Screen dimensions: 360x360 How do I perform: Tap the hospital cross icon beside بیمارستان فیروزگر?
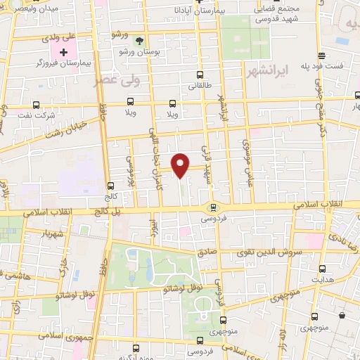coord(63,53)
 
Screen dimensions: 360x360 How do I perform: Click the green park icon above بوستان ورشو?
coord(139,41)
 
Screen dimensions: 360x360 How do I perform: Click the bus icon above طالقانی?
coord(200,75)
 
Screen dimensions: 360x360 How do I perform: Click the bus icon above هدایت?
coord(322,268)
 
